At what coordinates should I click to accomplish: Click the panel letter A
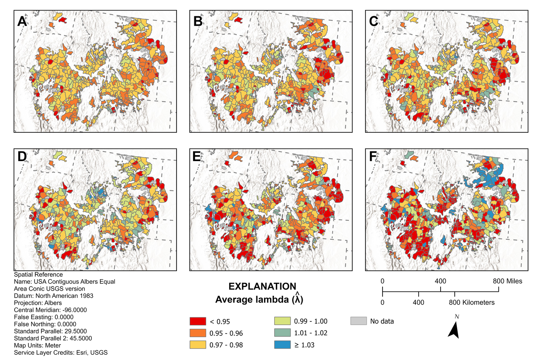coord(22,21)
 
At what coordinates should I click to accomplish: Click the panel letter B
coord(198,21)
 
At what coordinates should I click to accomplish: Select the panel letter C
coord(374,21)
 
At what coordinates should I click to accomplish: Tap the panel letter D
coord(22,157)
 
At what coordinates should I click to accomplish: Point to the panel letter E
coord(198,157)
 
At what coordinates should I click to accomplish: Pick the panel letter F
coord(373,157)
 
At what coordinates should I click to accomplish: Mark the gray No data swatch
coord(358,321)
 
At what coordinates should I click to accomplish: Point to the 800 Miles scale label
coord(507,281)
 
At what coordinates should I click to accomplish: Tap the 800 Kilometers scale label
coord(471,303)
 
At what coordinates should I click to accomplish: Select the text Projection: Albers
coord(38,303)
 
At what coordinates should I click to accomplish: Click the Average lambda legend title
coord(259,300)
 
